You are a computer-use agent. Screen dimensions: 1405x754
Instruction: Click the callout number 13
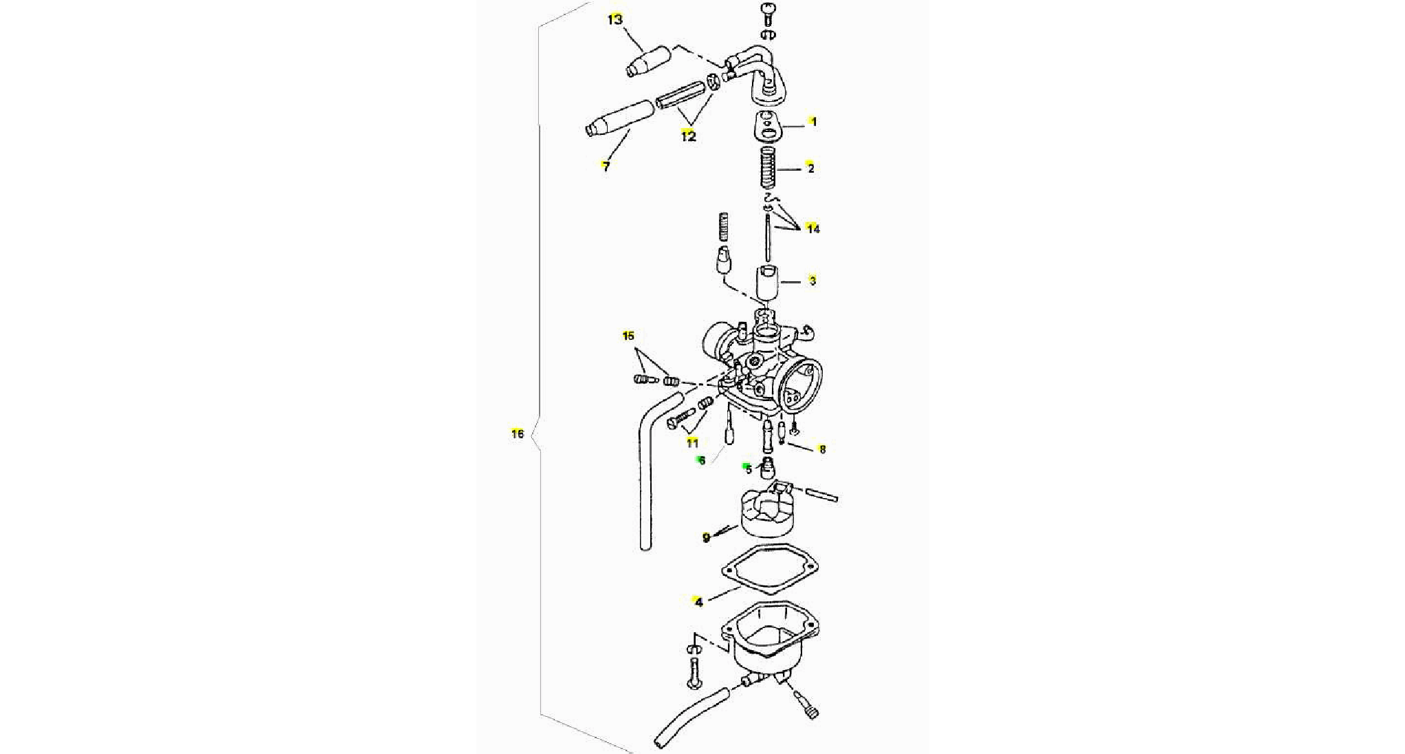pyautogui.click(x=615, y=19)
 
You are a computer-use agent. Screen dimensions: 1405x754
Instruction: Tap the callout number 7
pyautogui.click(x=606, y=166)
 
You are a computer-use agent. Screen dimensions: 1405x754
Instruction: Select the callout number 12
pyautogui.click(x=688, y=136)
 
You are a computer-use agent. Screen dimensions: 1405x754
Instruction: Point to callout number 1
pyautogui.click(x=814, y=122)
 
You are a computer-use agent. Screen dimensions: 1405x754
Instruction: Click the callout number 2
pyautogui.click(x=810, y=168)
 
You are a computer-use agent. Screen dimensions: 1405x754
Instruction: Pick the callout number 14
pyautogui.click(x=813, y=229)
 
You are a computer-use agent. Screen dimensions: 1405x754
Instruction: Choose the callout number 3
pyautogui.click(x=812, y=281)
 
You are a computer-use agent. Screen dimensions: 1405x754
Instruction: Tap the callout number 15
pyautogui.click(x=628, y=336)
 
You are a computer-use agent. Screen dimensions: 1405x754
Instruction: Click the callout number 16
pyautogui.click(x=518, y=434)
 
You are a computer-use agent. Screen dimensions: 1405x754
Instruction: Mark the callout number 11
pyautogui.click(x=692, y=443)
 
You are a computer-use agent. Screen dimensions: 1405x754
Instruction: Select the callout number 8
pyautogui.click(x=822, y=449)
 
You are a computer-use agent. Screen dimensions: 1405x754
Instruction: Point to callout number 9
pyautogui.click(x=706, y=537)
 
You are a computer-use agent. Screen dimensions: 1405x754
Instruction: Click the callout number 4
pyautogui.click(x=699, y=603)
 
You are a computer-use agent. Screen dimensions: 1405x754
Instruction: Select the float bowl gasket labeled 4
pyautogui.click(x=770, y=579)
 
